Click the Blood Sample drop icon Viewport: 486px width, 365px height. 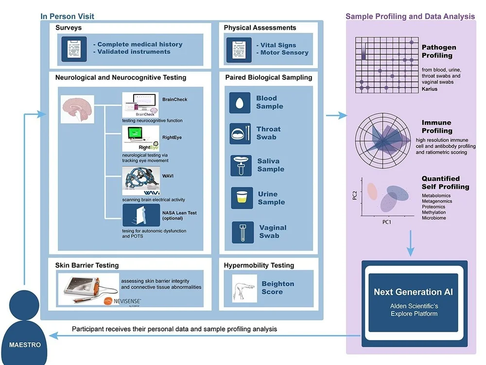tap(240, 103)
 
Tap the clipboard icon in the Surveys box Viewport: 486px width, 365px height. tap(74, 48)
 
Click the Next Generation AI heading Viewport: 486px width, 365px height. tap(413, 292)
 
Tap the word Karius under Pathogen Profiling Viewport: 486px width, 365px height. tap(430, 89)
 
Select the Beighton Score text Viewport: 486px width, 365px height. tap(278, 288)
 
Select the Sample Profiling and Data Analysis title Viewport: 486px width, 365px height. tap(410, 17)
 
